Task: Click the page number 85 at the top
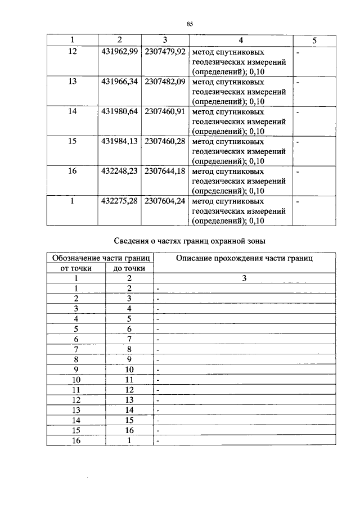pyautogui.click(x=190, y=24)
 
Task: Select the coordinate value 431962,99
pyautogui.click(x=119, y=52)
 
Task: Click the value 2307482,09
pyautogui.click(x=165, y=82)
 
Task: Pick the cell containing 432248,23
pyautogui.click(x=119, y=171)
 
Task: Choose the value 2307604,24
pyautogui.click(x=165, y=201)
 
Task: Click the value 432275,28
pyautogui.click(x=119, y=201)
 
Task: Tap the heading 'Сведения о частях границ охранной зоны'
pyautogui.click(x=190, y=241)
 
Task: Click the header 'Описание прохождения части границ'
pyautogui.click(x=244, y=258)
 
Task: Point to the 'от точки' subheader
pyautogui.click(x=75, y=268)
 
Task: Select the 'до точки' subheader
pyautogui.click(x=129, y=268)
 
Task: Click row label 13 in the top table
pyautogui.click(x=72, y=82)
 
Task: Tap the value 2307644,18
pyautogui.click(x=165, y=171)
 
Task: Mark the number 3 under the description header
pyautogui.click(x=244, y=278)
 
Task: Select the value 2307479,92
pyautogui.click(x=165, y=52)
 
